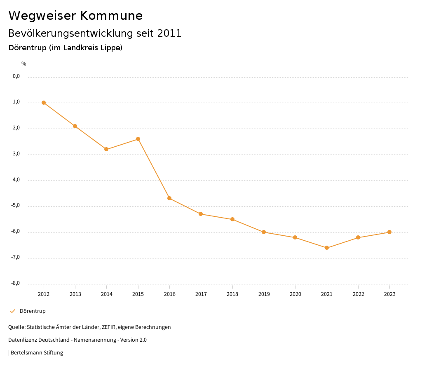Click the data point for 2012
pos(44,103)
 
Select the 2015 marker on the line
pos(138,139)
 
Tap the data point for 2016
pos(169,198)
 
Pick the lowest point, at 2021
pos(327,248)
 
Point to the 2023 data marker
pos(389,232)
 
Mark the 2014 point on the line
pos(106,149)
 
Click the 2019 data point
pos(264,232)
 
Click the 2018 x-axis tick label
pos(232,294)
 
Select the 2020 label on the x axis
pos(295,294)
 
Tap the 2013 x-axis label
pos(75,294)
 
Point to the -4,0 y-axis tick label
pos(16,180)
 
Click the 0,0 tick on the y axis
pos(16,76)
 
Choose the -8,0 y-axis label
pos(16,283)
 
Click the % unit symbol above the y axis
pos(24,64)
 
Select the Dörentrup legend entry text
pos(33,311)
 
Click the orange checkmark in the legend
pos(12,311)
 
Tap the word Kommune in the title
pos(111,16)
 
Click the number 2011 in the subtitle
pos(169,33)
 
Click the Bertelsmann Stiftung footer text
pos(37,353)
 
